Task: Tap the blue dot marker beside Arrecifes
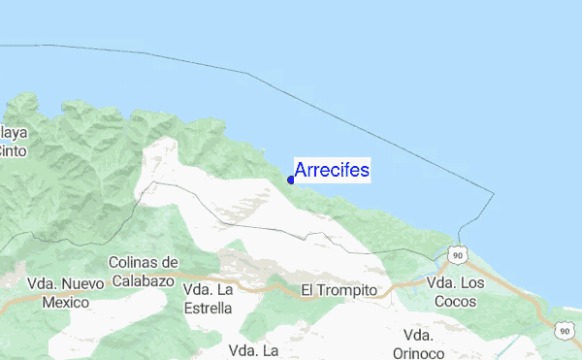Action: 291,179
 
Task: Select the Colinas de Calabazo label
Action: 145,271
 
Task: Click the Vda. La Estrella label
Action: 208,299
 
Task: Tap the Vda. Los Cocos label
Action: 455,292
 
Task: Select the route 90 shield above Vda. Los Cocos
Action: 459,253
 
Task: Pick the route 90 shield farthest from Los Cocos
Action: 565,331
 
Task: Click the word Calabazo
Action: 145,279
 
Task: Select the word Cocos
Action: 455,302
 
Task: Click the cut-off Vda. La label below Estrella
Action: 253,350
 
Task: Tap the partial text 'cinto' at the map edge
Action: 13,150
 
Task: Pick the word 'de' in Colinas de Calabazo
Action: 171,262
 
